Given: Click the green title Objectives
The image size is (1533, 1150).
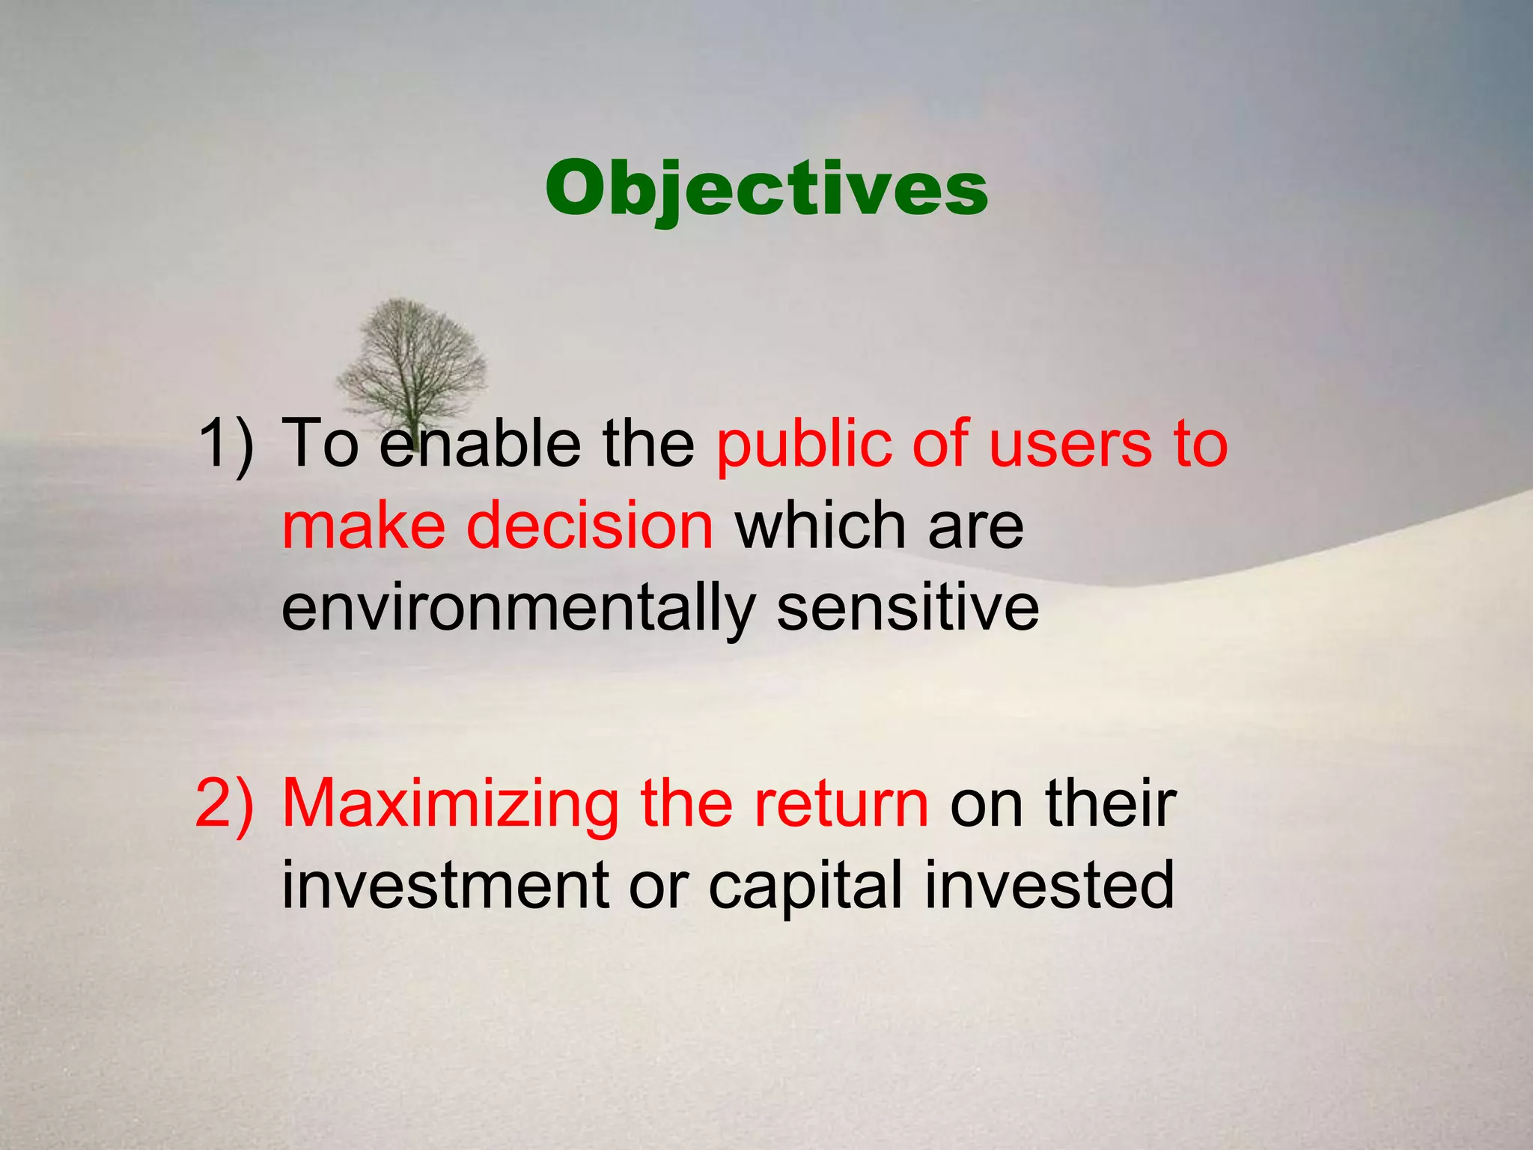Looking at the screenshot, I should (x=766, y=189).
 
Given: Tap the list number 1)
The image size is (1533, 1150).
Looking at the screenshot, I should (x=225, y=445).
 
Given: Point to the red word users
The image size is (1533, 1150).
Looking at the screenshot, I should (x=1070, y=445).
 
